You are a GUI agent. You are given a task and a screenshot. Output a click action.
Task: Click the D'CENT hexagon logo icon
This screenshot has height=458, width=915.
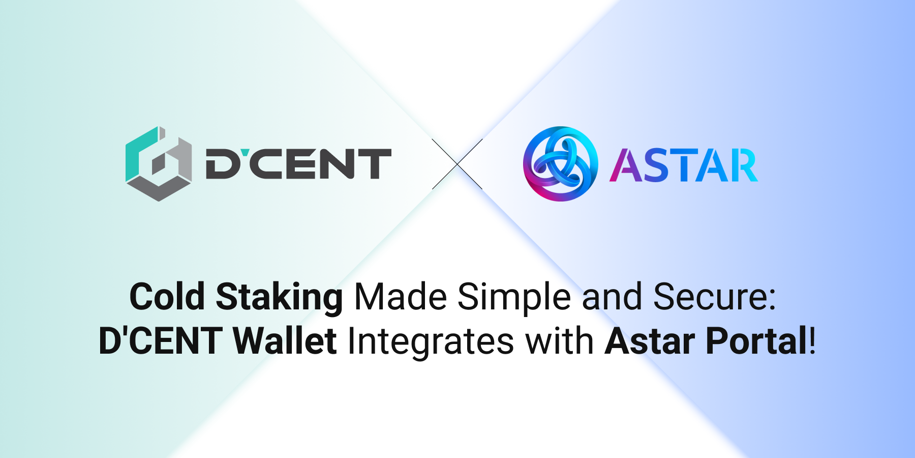coord(158,164)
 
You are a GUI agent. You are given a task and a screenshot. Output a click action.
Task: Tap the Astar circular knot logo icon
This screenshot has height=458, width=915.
coord(560,164)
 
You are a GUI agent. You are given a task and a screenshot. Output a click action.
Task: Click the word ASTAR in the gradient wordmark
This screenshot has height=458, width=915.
coord(684,165)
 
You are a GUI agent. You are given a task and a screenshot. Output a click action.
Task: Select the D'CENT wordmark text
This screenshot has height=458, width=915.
coord(298,164)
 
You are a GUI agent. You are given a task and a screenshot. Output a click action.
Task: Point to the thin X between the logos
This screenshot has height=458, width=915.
coord(457,164)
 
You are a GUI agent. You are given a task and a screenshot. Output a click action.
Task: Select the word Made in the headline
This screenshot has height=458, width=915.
coord(400,297)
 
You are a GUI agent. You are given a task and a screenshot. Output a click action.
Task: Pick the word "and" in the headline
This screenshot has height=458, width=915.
coord(612,297)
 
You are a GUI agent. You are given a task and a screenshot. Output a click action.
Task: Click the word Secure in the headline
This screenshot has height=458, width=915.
coord(714,297)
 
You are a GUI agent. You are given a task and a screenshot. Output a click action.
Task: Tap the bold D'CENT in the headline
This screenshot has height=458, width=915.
coord(161,341)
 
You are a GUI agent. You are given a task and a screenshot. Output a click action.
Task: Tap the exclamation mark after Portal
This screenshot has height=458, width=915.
coord(812,341)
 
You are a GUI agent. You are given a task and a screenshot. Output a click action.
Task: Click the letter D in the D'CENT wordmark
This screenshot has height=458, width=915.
coord(221,164)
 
